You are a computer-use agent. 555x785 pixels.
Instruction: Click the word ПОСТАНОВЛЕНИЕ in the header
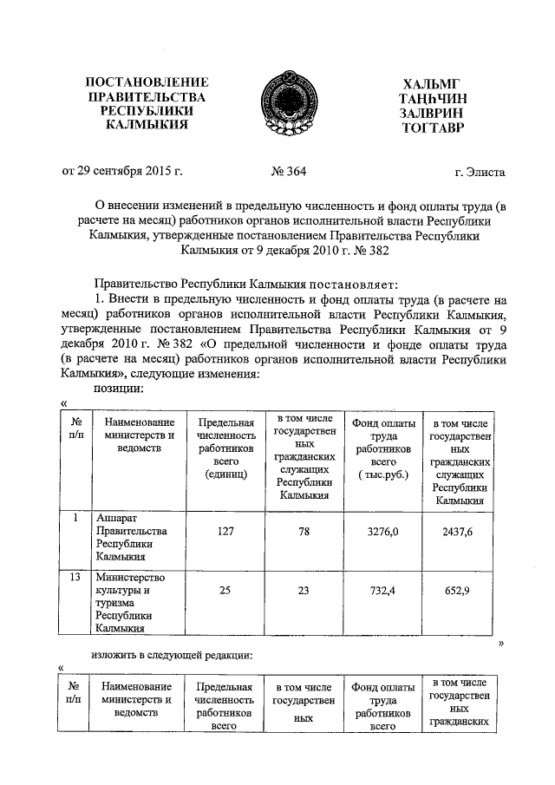pyautogui.click(x=147, y=82)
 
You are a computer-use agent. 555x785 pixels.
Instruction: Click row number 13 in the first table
pyautogui.click(x=75, y=577)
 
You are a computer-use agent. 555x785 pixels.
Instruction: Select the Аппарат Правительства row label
pyautogui.click(x=129, y=538)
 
